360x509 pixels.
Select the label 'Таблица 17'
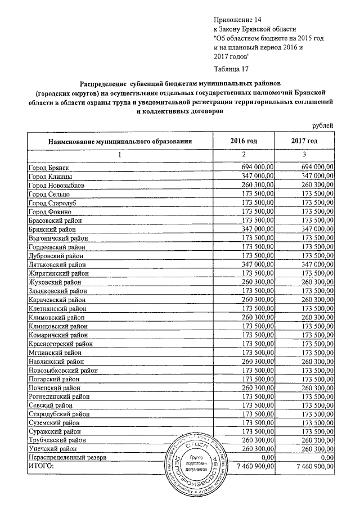233,69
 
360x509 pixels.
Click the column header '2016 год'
244,141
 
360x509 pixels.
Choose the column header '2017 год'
304,141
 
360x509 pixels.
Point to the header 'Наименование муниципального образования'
120,141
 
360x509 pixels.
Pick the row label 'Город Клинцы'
49,177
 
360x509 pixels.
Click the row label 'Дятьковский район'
57,264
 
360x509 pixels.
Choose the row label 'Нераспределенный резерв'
68,457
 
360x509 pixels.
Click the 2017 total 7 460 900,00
310,466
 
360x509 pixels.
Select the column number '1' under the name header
119,154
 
